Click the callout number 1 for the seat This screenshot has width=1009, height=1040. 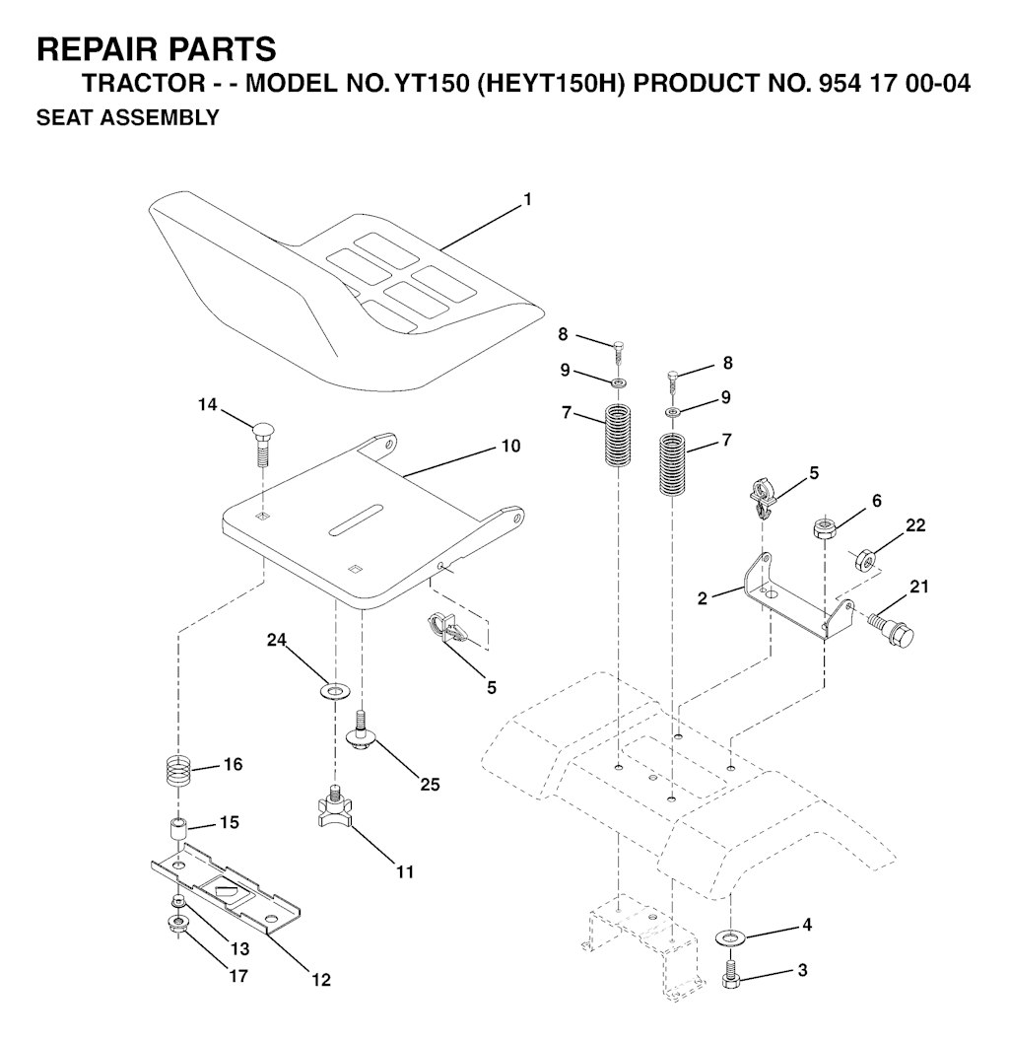tap(528, 199)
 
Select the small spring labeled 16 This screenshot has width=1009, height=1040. tap(177, 771)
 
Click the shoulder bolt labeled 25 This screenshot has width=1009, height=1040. tap(362, 730)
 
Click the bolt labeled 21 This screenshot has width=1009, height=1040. tap(893, 630)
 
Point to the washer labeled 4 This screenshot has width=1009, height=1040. tap(730, 937)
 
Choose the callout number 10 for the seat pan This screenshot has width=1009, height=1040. tap(510, 446)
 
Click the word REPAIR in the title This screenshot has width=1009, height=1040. tap(94, 49)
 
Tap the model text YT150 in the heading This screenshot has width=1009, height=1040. tap(432, 84)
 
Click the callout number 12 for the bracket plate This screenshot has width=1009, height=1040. tap(321, 980)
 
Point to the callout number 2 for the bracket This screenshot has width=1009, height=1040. tap(702, 598)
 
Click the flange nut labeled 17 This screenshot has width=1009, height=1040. tap(177, 924)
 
